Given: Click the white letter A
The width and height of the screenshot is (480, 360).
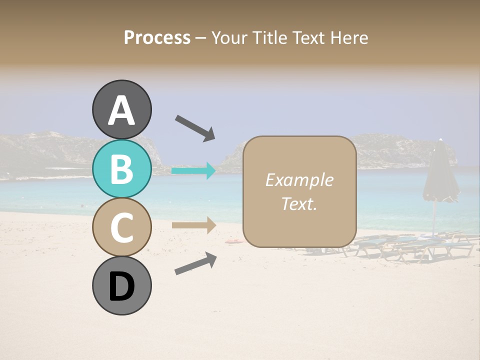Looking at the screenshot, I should click(x=121, y=110).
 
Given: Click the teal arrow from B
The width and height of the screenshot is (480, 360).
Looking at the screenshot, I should click(x=193, y=171).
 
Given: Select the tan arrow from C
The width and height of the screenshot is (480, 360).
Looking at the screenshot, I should click(x=193, y=225).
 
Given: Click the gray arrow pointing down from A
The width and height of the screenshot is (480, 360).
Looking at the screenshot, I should click(x=195, y=127).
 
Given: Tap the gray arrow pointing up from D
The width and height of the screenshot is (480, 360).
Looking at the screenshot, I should click(x=195, y=263).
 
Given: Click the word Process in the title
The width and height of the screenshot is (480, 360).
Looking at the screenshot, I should click(x=157, y=37).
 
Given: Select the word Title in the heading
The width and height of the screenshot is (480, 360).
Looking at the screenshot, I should click(x=270, y=37).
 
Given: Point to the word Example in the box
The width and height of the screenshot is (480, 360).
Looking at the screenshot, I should click(x=299, y=180).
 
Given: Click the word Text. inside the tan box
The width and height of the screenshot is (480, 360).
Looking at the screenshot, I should click(x=299, y=204).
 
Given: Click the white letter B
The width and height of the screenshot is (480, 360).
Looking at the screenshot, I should click(x=121, y=169).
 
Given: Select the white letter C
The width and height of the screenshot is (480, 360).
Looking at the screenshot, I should click(x=121, y=227).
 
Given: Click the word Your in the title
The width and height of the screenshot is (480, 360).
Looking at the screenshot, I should click(x=230, y=37).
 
